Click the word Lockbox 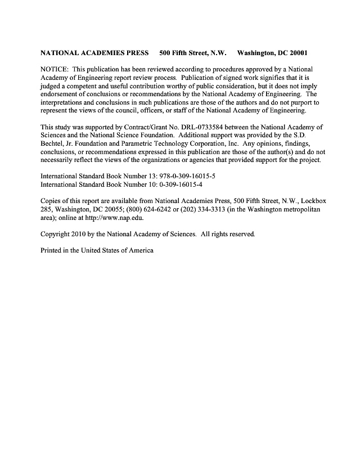pyautogui.click(x=305, y=201)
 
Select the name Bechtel pyautogui.click(x=54, y=143)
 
